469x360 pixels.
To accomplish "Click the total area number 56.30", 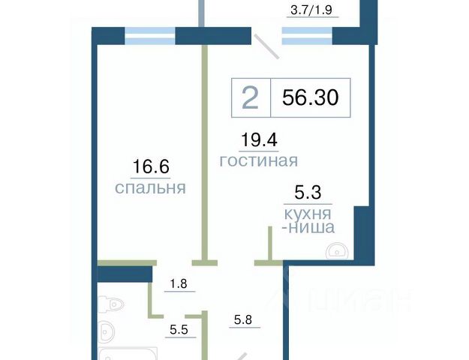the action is [x=311, y=97].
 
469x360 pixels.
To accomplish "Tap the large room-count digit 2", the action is [x=250, y=98].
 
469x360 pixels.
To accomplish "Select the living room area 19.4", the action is [x=259, y=139].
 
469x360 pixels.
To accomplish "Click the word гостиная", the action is [x=259, y=161].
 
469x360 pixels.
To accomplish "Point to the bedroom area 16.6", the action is [x=151, y=166].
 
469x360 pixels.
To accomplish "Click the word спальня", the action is [x=150, y=188].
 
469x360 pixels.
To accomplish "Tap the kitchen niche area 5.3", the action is [x=308, y=192].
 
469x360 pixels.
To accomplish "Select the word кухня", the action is [x=308, y=214].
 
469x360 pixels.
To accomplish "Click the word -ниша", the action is [x=308, y=227].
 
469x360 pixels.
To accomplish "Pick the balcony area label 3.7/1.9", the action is [x=311, y=10].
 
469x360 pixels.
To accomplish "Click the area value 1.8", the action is [x=179, y=283].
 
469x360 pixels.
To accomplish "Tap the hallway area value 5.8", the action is [x=243, y=320].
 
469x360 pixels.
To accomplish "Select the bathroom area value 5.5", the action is [x=179, y=330].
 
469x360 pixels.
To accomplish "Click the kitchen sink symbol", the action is [x=337, y=250].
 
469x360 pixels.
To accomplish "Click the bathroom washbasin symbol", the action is [x=106, y=331].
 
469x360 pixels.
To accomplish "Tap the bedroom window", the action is [x=150, y=36].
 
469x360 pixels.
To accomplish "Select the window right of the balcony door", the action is [x=307, y=36].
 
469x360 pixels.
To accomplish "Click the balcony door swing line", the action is [x=266, y=46].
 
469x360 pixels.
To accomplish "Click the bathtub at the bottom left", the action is [x=128, y=354].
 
